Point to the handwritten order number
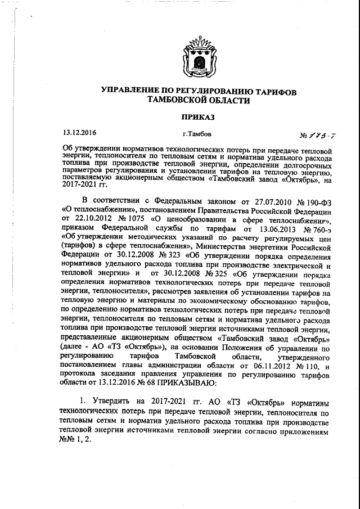coord(319,136)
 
